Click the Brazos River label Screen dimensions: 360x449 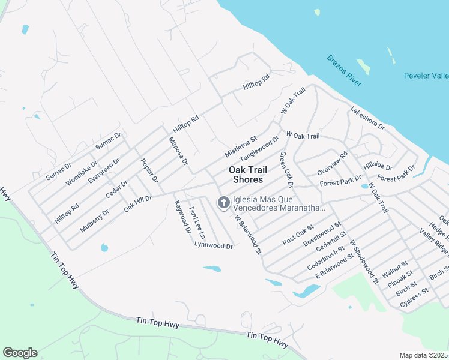tap(345, 71)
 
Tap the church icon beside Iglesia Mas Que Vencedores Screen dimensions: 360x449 tap(223, 203)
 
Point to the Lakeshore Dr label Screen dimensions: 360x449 tap(367, 117)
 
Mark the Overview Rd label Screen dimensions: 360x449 tap(333, 163)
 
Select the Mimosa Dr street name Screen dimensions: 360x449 tap(178, 153)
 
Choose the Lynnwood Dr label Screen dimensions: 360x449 tap(213, 245)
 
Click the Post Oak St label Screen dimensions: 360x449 tap(298, 233)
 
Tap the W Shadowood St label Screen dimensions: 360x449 tap(364, 262)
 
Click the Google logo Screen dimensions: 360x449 tap(20, 353)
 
